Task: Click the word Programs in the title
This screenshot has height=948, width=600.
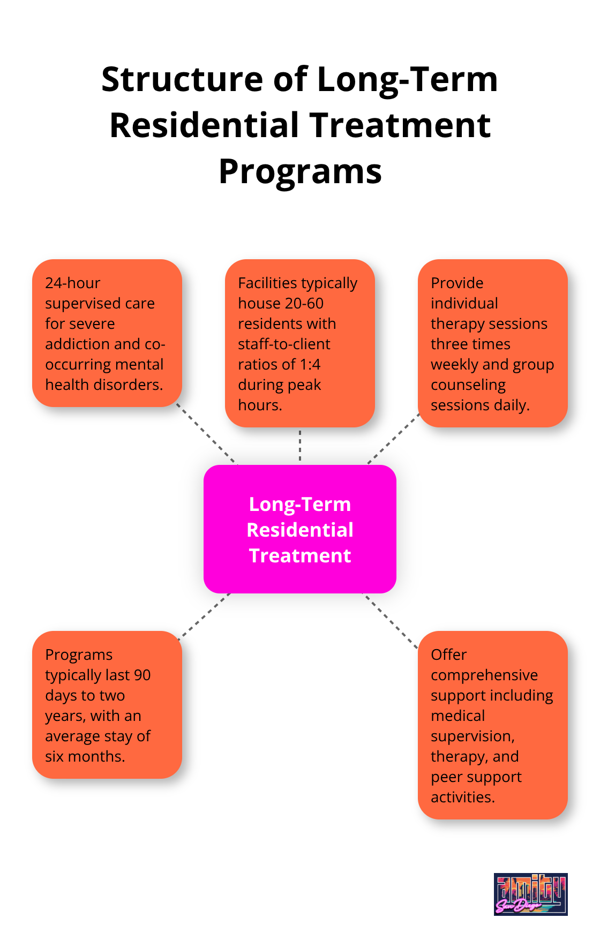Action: [300, 171]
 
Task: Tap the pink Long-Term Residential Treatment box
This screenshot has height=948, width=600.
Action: [300, 529]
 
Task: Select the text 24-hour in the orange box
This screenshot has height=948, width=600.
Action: [73, 283]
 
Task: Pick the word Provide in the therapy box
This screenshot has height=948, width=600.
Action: [457, 283]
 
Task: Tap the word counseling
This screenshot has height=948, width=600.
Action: [468, 385]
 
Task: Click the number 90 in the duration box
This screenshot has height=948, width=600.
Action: [142, 675]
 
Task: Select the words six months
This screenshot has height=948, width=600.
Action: [85, 756]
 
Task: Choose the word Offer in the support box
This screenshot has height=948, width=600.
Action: [448, 654]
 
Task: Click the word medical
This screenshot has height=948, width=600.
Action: [457, 716]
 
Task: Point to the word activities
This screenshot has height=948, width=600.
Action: [462, 797]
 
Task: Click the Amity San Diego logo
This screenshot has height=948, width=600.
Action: [530, 894]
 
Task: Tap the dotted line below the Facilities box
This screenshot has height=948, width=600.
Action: [300, 446]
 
